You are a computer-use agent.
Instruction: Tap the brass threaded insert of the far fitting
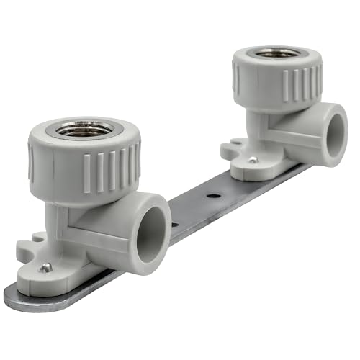[x=277, y=53]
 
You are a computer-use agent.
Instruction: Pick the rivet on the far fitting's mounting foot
[x=252, y=160]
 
